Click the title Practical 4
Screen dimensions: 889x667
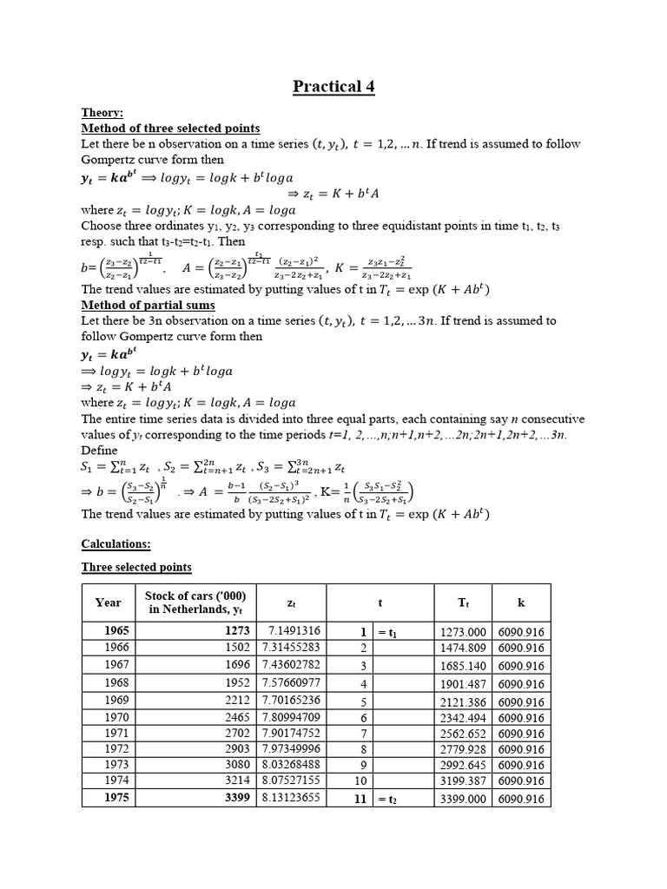[x=333, y=86]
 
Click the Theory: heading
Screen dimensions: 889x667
[x=102, y=113]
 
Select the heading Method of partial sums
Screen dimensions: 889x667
[x=148, y=305]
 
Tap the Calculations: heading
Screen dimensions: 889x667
[x=116, y=543]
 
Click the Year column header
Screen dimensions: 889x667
[x=109, y=602]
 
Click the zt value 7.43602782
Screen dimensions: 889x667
[x=294, y=665]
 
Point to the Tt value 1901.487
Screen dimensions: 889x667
[x=463, y=683]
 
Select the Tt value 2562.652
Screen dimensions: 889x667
[x=463, y=734]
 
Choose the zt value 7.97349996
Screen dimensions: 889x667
[x=294, y=748]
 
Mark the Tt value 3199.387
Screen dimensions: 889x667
[x=463, y=781]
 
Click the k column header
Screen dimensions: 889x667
[x=521, y=602]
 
